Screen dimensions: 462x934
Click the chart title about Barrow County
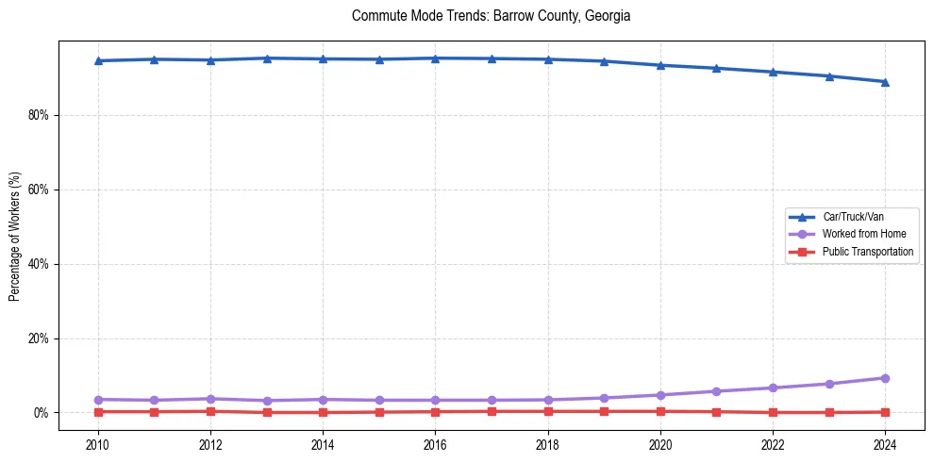[x=491, y=16]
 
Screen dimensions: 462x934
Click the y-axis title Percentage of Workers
[x=15, y=237]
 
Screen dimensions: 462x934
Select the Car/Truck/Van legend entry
[x=852, y=217]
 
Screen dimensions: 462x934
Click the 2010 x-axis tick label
[x=98, y=444]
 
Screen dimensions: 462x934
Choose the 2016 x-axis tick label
[x=435, y=444]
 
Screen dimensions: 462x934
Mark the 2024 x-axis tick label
[x=885, y=444]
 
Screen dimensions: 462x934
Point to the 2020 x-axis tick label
[x=660, y=444]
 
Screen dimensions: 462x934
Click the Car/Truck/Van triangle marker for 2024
[x=885, y=82]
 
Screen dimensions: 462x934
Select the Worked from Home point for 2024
[x=885, y=378]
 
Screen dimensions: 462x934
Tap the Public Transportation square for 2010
[x=98, y=412]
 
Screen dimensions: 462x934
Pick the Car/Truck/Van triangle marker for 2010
[x=98, y=60]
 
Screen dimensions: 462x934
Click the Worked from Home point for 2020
[x=660, y=395]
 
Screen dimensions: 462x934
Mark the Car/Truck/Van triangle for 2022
[x=773, y=72]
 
